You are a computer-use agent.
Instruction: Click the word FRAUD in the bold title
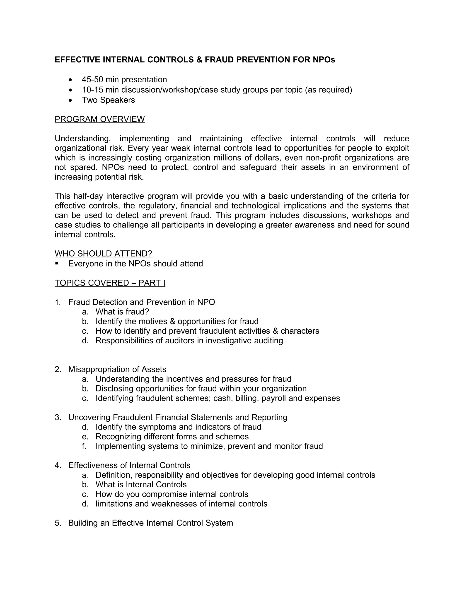(x=219, y=60)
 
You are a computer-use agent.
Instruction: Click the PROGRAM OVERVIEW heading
(x=99, y=119)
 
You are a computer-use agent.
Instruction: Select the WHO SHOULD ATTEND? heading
(x=103, y=254)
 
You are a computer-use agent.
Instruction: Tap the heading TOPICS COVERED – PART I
(x=110, y=283)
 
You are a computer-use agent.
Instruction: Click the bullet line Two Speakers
(x=108, y=100)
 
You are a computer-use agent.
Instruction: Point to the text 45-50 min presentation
(x=124, y=80)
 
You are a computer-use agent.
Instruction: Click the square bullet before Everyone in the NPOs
(x=57, y=263)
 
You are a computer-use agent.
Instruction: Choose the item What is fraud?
(x=122, y=312)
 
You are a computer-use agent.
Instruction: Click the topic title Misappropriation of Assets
(x=117, y=369)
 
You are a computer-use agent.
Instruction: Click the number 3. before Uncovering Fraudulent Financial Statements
(x=58, y=418)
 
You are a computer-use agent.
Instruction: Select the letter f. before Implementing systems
(x=84, y=446)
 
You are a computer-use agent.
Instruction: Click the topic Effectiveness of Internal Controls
(x=129, y=465)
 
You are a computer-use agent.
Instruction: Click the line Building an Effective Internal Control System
(x=150, y=523)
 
